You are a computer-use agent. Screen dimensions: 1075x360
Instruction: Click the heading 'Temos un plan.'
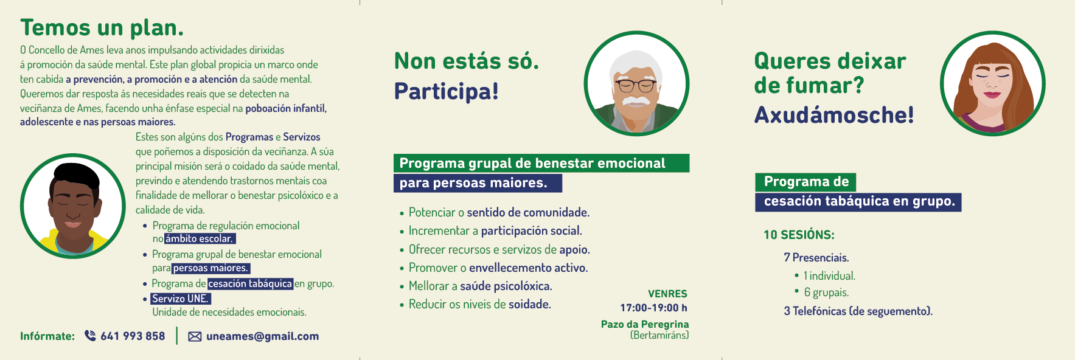click(x=102, y=29)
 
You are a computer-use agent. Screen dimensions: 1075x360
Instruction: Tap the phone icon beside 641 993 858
click(x=90, y=336)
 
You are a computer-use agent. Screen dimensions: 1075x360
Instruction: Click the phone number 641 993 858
click(x=133, y=336)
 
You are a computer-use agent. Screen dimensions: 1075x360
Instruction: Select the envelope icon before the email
click(x=195, y=336)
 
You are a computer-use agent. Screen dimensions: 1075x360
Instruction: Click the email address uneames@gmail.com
click(x=262, y=336)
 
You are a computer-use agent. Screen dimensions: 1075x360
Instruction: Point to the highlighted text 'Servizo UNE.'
click(x=181, y=299)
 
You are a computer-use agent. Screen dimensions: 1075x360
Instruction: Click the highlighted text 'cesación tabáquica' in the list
click(x=250, y=283)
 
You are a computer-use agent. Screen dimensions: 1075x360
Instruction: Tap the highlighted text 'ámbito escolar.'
click(x=200, y=238)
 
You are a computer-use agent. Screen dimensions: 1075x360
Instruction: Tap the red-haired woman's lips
click(x=992, y=94)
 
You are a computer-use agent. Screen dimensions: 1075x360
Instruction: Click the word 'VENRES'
click(x=667, y=294)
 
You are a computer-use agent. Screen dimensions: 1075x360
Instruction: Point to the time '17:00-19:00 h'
click(x=653, y=308)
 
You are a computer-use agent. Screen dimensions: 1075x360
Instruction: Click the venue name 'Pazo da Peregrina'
click(x=645, y=324)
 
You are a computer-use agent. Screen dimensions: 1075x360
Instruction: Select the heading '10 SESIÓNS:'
click(x=799, y=235)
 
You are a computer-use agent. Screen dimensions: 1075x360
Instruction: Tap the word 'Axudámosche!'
click(x=834, y=115)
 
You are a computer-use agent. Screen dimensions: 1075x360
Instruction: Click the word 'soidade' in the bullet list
click(x=529, y=304)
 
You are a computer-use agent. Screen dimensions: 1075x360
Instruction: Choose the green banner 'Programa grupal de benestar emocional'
click(x=541, y=163)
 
